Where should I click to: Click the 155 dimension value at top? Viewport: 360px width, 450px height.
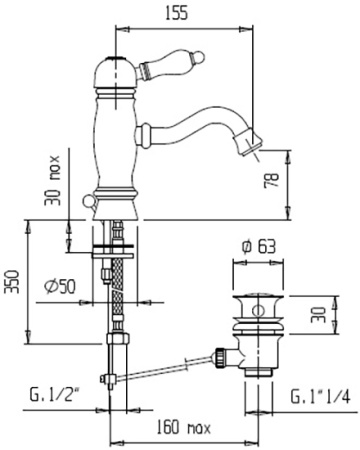click(176, 13)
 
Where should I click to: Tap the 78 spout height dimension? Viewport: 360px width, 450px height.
click(271, 180)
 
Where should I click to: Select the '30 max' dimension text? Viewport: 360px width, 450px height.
click(53, 180)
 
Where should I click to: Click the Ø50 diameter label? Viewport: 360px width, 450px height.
click(60, 286)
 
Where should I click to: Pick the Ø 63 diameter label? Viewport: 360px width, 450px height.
click(259, 247)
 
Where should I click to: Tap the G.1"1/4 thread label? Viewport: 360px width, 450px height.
click(320, 396)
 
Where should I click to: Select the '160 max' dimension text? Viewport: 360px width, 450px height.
click(184, 427)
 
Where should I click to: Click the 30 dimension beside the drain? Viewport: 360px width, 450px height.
click(318, 315)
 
